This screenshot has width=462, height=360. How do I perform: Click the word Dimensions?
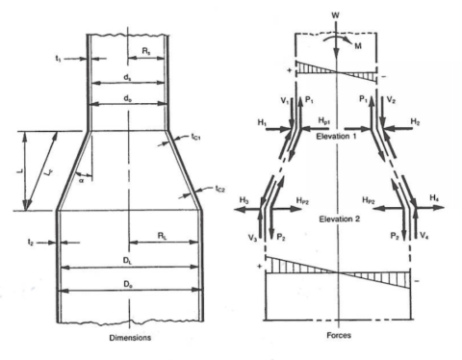128,338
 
